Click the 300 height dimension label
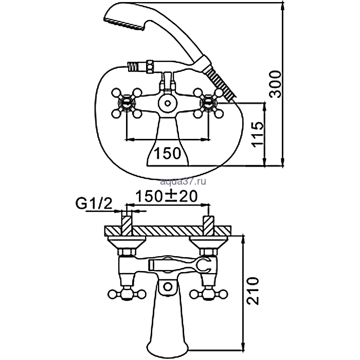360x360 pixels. pyautogui.click(x=275, y=84)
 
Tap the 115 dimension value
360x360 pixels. pyautogui.click(x=257, y=135)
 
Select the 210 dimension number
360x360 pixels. pyautogui.click(x=253, y=291)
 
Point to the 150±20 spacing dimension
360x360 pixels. pyautogui.click(x=167, y=196)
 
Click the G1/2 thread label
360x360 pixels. pyautogui.click(x=94, y=204)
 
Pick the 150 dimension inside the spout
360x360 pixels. pyautogui.click(x=167, y=153)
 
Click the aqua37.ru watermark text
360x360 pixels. pyautogui.click(x=183, y=182)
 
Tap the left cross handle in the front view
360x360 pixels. pyautogui.click(x=127, y=103)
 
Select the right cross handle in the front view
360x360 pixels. pyautogui.click(x=208, y=103)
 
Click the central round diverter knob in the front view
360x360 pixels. pyautogui.click(x=168, y=103)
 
